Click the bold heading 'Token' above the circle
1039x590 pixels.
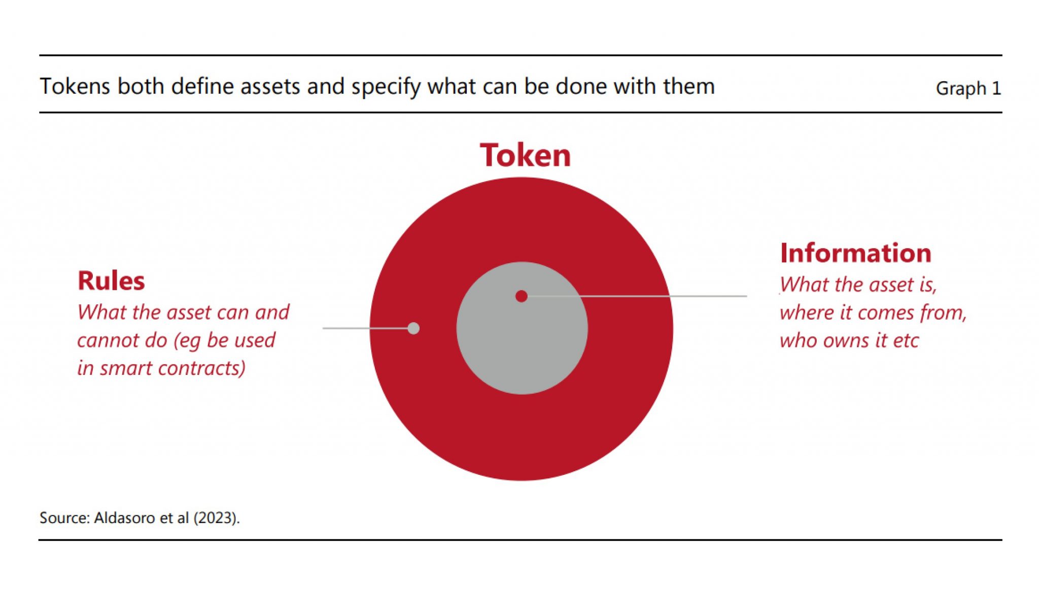point(525,155)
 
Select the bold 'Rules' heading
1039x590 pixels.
point(111,281)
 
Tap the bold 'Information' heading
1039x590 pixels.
point(856,253)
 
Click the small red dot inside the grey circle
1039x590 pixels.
point(521,296)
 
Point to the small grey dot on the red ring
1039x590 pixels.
point(413,328)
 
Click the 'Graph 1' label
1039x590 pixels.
point(968,88)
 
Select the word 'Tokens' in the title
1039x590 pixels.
point(75,86)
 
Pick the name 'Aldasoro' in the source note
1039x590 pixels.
point(125,518)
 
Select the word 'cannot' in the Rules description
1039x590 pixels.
point(109,340)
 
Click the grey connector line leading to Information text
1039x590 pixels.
point(637,296)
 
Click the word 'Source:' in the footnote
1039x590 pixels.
point(65,518)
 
